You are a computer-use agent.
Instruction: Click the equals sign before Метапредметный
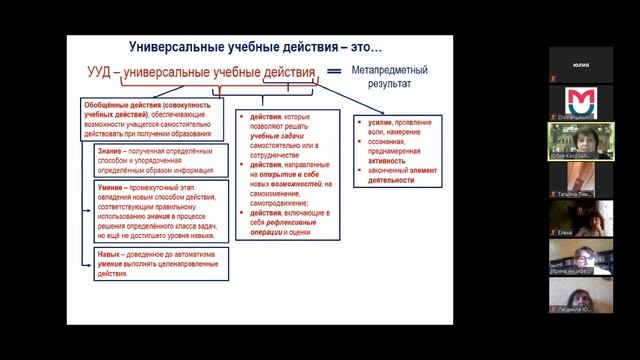point(336,73)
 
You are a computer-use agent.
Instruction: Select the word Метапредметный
point(392,70)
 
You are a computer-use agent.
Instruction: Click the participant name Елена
point(567,231)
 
